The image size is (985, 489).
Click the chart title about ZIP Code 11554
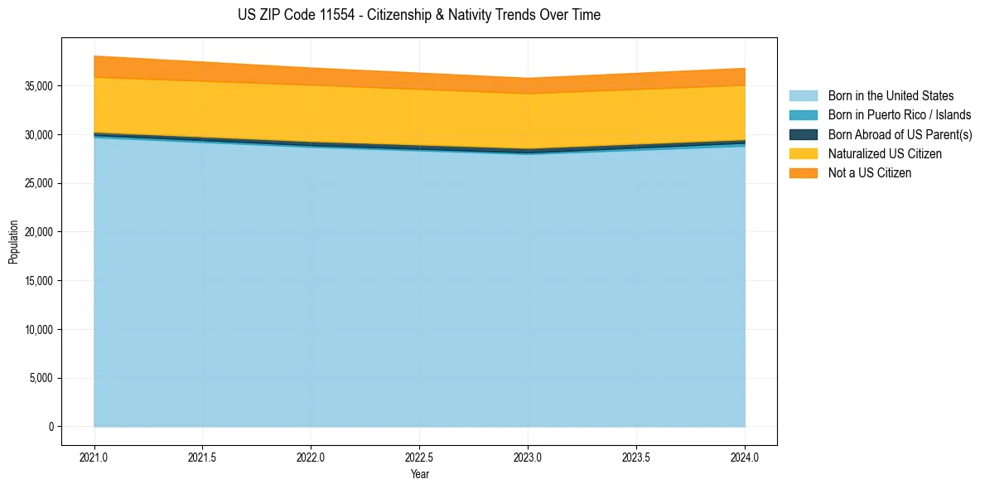(x=419, y=15)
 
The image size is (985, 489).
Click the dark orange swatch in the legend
(x=803, y=173)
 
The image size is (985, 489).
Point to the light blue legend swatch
(x=803, y=96)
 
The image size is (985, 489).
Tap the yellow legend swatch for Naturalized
(x=803, y=154)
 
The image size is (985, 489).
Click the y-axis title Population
(x=13, y=242)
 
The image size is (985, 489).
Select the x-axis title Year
(x=419, y=475)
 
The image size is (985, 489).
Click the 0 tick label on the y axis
(x=51, y=427)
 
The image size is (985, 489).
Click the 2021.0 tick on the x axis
(x=94, y=457)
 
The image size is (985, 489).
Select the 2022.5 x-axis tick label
(x=419, y=457)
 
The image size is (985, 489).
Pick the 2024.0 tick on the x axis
(x=745, y=457)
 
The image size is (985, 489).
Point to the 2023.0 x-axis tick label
(x=528, y=457)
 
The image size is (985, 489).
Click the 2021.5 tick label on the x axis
(x=202, y=457)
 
